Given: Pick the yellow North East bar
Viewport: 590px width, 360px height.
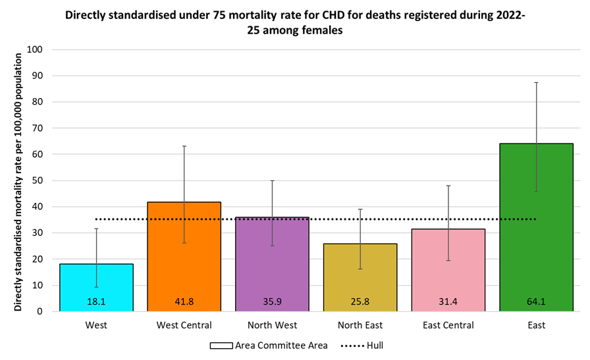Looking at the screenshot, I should click(x=360, y=276).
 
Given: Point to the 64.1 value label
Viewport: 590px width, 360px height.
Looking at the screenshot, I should click(x=537, y=302).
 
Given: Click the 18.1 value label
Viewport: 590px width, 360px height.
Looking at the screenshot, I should click(x=97, y=302).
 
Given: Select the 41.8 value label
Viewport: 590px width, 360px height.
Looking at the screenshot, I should click(x=184, y=302).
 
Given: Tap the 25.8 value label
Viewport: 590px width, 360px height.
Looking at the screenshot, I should click(x=360, y=302).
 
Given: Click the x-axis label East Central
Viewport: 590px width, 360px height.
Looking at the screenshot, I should click(x=448, y=325).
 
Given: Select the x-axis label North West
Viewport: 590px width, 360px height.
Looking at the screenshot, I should click(x=273, y=325).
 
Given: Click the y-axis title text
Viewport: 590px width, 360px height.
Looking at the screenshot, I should click(x=18, y=180).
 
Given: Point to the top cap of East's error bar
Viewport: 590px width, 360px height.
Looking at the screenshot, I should click(x=537, y=82).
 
